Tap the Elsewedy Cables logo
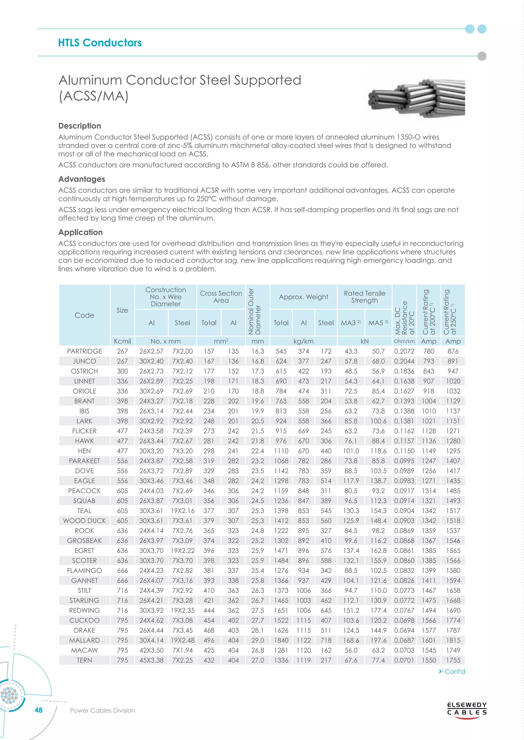pos(467,709)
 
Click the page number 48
pos(39,710)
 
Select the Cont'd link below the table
pos(452,671)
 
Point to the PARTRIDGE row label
pos(84,351)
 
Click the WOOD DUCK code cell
pos(84,521)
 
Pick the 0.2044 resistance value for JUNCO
pos(404,361)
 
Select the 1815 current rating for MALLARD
pos(453,640)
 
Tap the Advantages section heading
pos(82,179)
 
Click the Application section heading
pos(80,232)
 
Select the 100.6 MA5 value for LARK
pos(378,421)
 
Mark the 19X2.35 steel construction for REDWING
pos(182,610)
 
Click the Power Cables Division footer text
pos(102,710)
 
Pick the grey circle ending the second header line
pos(482,56)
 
